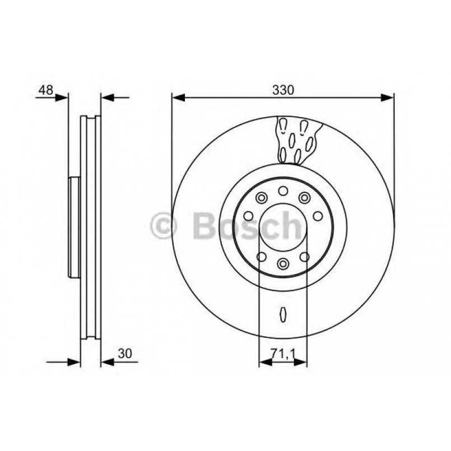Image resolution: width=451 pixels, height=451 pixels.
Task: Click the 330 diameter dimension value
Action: tap(283, 90)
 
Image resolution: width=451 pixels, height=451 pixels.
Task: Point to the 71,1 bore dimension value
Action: tap(283, 354)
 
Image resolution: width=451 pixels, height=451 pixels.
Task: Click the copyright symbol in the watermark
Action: tap(164, 226)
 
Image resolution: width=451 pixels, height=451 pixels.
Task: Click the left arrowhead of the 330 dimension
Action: tap(178, 98)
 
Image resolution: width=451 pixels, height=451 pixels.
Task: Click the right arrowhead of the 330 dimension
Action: tap(388, 98)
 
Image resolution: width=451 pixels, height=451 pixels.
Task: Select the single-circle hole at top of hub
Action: tap(283, 191)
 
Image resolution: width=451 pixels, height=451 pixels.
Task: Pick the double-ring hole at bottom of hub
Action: tap(283, 263)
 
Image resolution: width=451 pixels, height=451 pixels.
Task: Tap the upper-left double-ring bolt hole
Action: tap(261, 197)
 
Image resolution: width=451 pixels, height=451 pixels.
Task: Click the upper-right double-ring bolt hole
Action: tap(304, 197)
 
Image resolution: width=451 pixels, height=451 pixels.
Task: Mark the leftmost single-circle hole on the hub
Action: tap(248, 216)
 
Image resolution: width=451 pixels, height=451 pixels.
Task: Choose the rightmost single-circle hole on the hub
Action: tap(318, 216)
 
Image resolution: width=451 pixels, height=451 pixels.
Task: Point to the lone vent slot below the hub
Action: tap(283, 314)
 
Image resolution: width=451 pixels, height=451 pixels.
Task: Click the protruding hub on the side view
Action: tap(74, 227)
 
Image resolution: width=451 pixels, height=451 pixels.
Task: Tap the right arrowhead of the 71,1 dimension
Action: tap(302, 362)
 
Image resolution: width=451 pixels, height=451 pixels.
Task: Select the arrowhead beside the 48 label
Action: tap(62, 98)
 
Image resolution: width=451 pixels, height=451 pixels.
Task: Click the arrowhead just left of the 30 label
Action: tap(107, 362)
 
